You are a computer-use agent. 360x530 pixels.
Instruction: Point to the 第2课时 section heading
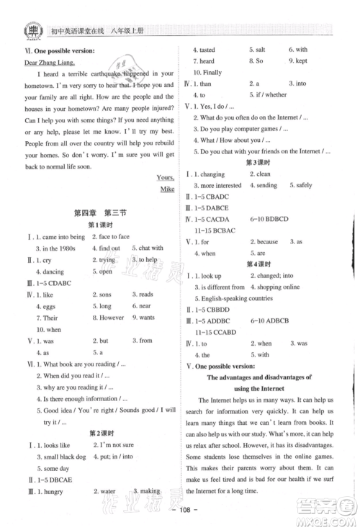(97, 433)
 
